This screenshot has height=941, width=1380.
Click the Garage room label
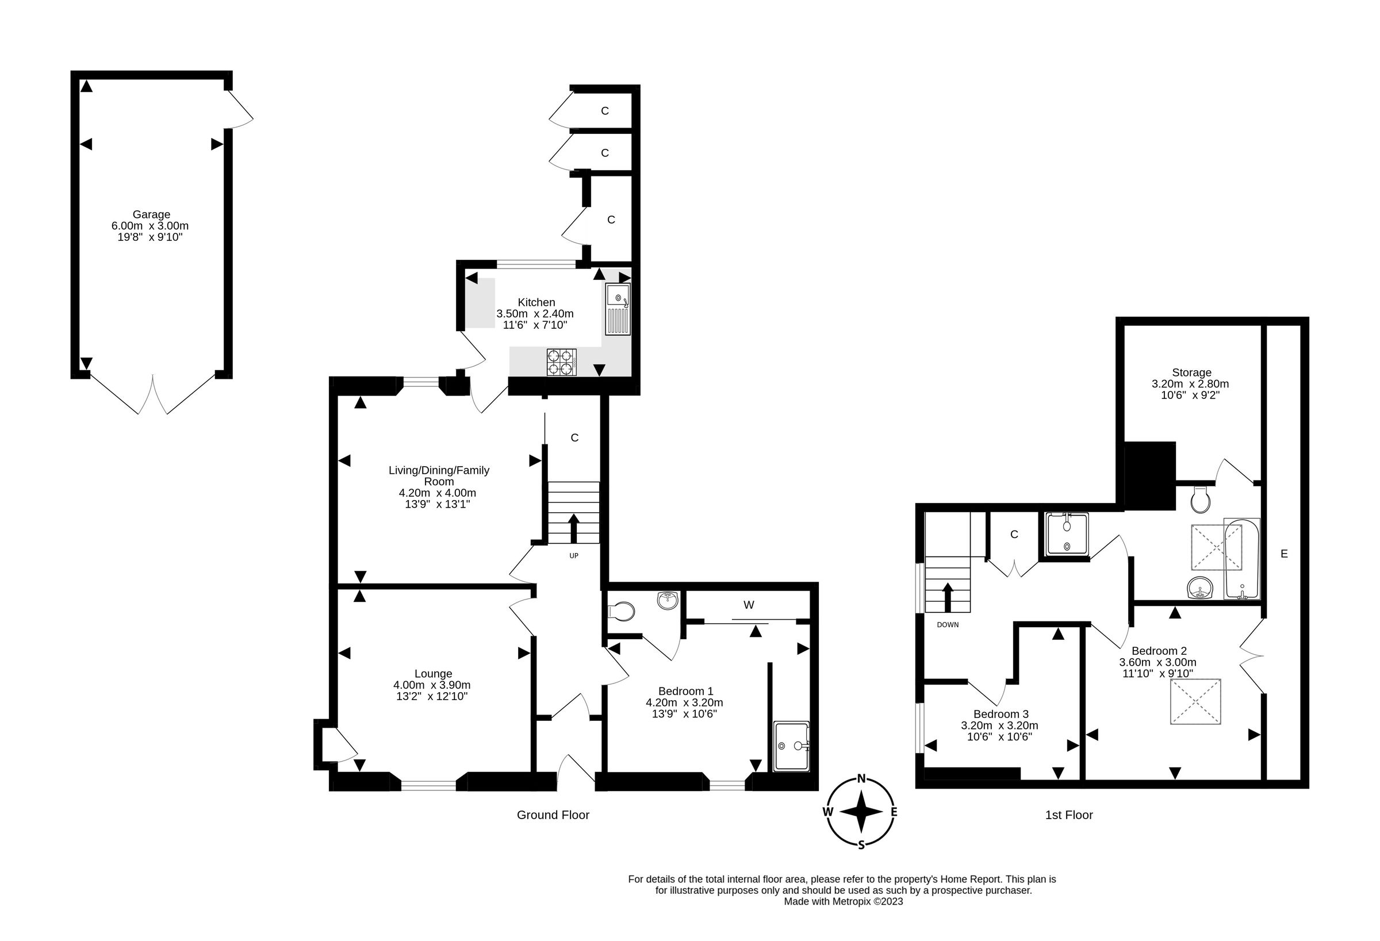point(151,214)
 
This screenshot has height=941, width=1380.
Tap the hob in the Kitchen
point(561,362)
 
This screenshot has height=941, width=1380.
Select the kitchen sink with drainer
point(618,309)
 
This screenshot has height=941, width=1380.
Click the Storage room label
point(1191,372)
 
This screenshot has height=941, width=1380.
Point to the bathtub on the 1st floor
point(1241,558)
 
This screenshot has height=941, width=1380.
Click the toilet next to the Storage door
point(1200,501)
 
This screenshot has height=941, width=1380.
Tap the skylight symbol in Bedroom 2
point(1195,702)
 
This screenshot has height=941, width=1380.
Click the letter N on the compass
point(862,779)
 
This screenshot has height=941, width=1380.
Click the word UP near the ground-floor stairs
point(574,556)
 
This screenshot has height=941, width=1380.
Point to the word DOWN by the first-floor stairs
point(948,625)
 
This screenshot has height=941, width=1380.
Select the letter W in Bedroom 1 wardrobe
point(748,605)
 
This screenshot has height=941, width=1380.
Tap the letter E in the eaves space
point(1284,554)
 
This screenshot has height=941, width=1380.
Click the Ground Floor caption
point(553,815)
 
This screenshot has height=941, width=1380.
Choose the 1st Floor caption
point(1069,815)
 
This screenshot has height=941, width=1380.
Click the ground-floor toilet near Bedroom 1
point(621,611)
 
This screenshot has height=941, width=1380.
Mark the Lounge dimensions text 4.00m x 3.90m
point(432,685)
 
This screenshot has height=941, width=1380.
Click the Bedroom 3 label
point(1000,714)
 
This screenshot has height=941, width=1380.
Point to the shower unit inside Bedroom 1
point(792,746)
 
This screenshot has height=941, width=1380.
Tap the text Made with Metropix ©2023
point(843,901)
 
